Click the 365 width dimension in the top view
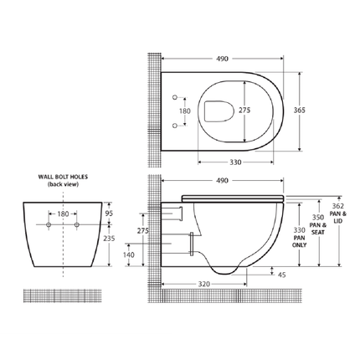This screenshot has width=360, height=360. [299, 110]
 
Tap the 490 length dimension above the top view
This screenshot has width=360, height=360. [223, 59]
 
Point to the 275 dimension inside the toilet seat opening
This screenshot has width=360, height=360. [244, 110]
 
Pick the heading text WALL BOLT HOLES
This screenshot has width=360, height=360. [63, 177]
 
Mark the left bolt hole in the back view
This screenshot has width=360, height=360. [49, 226]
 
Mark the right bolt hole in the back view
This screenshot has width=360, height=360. [78, 226]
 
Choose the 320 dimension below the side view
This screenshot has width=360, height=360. [205, 284]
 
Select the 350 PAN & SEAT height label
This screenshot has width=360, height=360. [316, 221]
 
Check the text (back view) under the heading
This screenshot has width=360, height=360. [63, 186]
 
